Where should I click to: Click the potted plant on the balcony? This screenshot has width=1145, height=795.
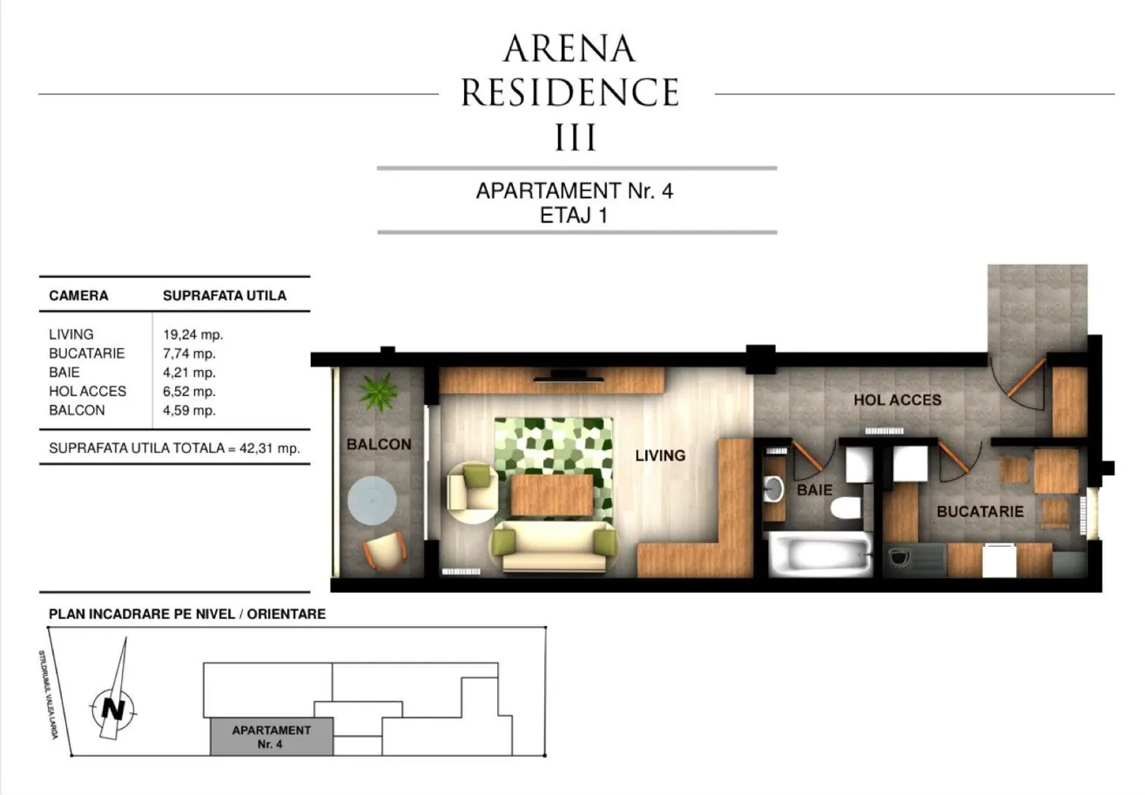378,392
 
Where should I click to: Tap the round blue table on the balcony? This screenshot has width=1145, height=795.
372,501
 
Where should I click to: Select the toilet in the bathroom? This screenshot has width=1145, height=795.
846,508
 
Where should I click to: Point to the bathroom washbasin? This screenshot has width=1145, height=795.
773,489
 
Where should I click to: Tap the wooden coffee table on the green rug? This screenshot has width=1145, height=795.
552,495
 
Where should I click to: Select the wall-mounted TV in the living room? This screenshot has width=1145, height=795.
569,376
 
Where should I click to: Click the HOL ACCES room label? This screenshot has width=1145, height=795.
897,400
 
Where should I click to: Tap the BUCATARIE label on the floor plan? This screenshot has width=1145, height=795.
980,511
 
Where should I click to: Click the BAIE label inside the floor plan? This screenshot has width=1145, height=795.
814,489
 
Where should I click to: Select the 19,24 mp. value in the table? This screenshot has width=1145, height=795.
192,335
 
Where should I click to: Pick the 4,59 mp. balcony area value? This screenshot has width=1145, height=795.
189,410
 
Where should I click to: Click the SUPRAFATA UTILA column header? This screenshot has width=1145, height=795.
225,295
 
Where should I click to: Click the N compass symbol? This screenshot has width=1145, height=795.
113,709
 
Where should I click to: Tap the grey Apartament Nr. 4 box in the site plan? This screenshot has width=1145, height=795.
272,737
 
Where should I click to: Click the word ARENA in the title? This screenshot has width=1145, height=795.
569,49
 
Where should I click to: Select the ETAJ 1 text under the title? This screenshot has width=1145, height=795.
574,215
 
